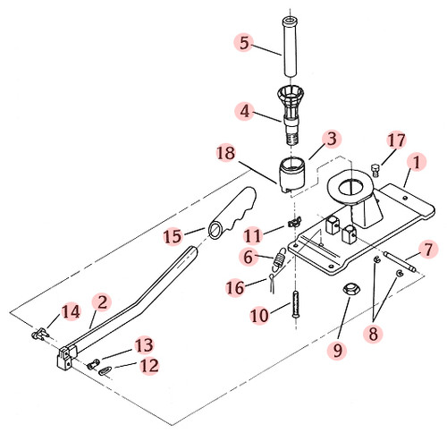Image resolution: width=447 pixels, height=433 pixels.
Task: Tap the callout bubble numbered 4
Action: (242, 113)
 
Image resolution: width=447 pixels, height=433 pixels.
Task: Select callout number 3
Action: (332, 140)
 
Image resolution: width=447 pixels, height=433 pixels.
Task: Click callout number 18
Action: (227, 154)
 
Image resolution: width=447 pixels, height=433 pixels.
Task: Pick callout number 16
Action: (234, 287)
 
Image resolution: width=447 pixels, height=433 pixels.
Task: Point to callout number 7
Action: (428, 248)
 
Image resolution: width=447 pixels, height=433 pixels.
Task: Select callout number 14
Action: (70, 312)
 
